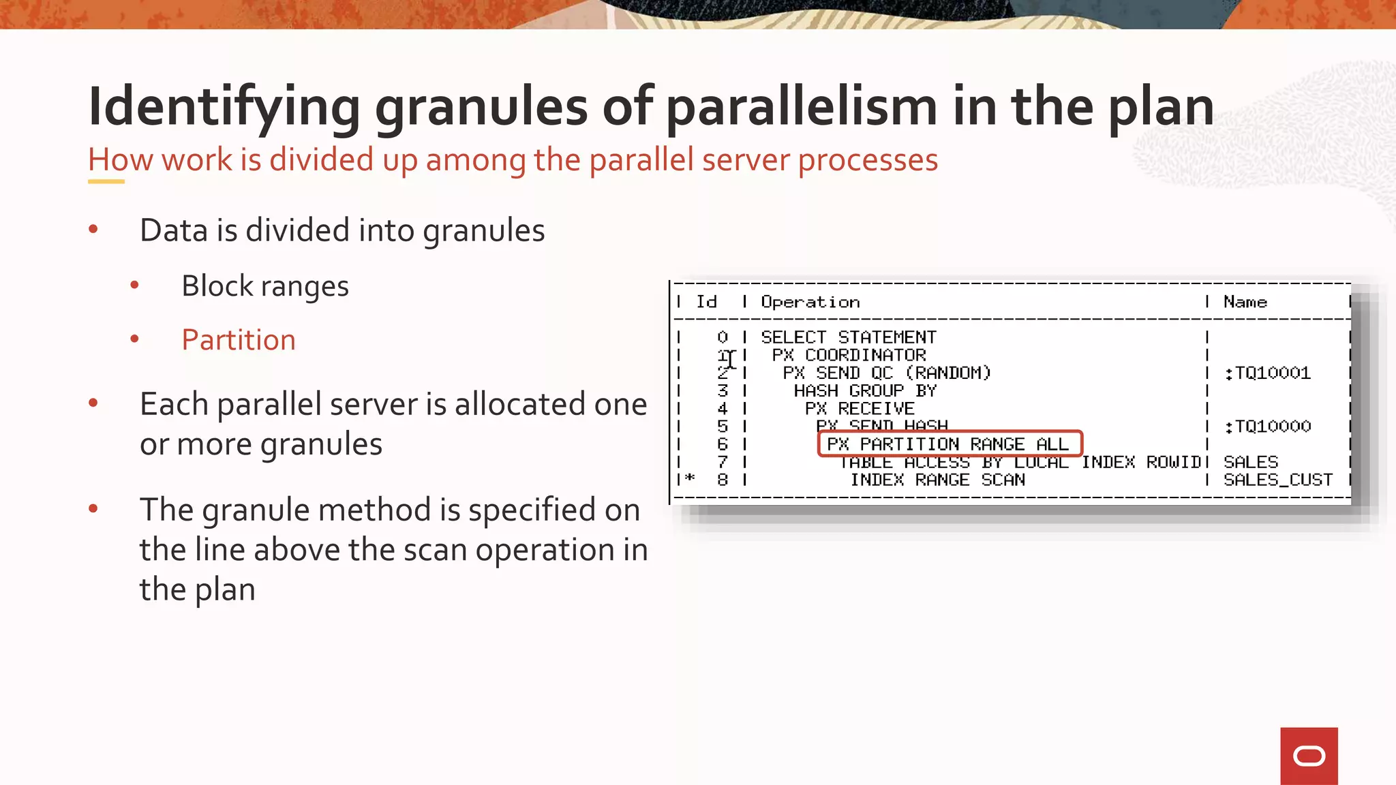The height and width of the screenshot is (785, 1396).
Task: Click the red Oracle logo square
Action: click(1308, 756)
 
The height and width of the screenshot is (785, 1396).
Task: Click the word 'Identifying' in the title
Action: click(224, 108)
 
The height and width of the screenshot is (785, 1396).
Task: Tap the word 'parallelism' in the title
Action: click(801, 106)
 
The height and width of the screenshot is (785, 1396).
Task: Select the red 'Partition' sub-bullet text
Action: click(239, 340)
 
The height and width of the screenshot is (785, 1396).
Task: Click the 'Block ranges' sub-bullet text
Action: click(265, 286)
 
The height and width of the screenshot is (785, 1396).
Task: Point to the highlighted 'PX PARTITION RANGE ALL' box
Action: click(949, 444)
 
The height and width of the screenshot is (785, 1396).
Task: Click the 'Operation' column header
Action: click(810, 302)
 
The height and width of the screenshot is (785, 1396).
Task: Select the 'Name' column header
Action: click(1245, 302)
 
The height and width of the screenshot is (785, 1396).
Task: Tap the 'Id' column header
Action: click(706, 302)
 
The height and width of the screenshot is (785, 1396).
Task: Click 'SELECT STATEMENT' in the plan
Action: click(848, 337)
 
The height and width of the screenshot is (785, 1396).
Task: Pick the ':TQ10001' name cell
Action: click(1267, 373)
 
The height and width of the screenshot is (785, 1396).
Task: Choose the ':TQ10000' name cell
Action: click(1267, 427)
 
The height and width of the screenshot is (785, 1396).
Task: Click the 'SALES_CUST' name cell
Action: click(1277, 480)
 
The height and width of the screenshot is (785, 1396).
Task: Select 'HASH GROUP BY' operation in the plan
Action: click(864, 390)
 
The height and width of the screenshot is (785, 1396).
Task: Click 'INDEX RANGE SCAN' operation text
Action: click(937, 480)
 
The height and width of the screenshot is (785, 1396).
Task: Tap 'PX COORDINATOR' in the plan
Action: click(849, 355)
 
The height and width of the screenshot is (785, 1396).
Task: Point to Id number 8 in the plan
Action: click(723, 480)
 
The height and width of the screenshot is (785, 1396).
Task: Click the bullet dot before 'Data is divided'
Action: click(93, 230)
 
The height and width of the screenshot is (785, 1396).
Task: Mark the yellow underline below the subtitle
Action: click(106, 181)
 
